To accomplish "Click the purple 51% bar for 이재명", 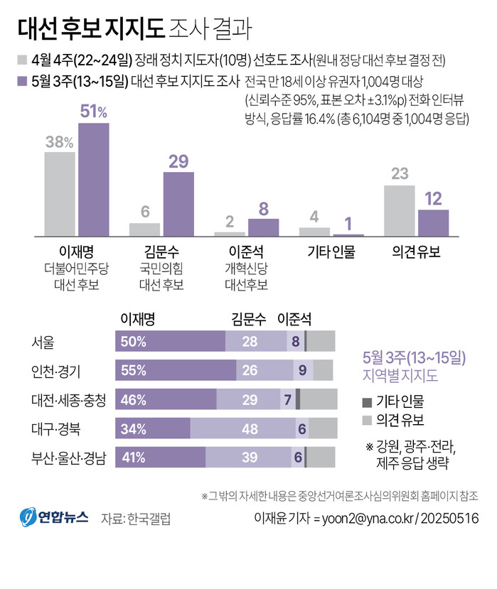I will coord(93,179).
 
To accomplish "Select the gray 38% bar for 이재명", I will coord(60,193).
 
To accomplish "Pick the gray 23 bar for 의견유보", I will coord(400,210).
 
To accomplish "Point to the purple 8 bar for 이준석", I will coord(263,227).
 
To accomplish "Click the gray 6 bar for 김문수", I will coord(144,229).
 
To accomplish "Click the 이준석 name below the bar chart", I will coord(247,251).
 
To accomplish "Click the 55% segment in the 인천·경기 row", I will coord(176,370).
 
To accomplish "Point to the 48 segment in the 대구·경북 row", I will coord(243,428).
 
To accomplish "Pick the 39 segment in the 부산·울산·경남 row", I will coord(248,458).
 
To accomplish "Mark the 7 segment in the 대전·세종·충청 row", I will coord(287,399).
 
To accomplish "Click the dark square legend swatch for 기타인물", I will coord(367,400).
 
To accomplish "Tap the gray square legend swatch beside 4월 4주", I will coord(21,60).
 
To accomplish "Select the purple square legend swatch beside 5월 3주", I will coord(21,80).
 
